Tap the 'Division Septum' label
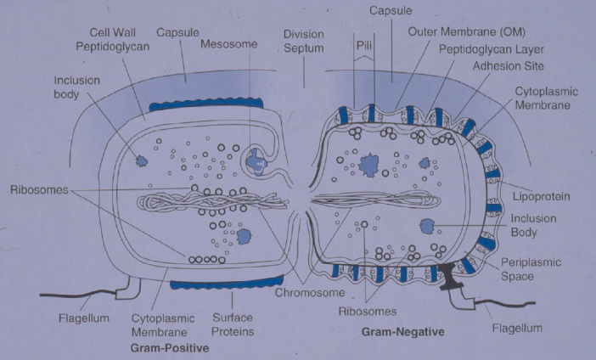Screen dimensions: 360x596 [x=304, y=41]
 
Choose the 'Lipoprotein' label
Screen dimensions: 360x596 [x=540, y=196]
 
